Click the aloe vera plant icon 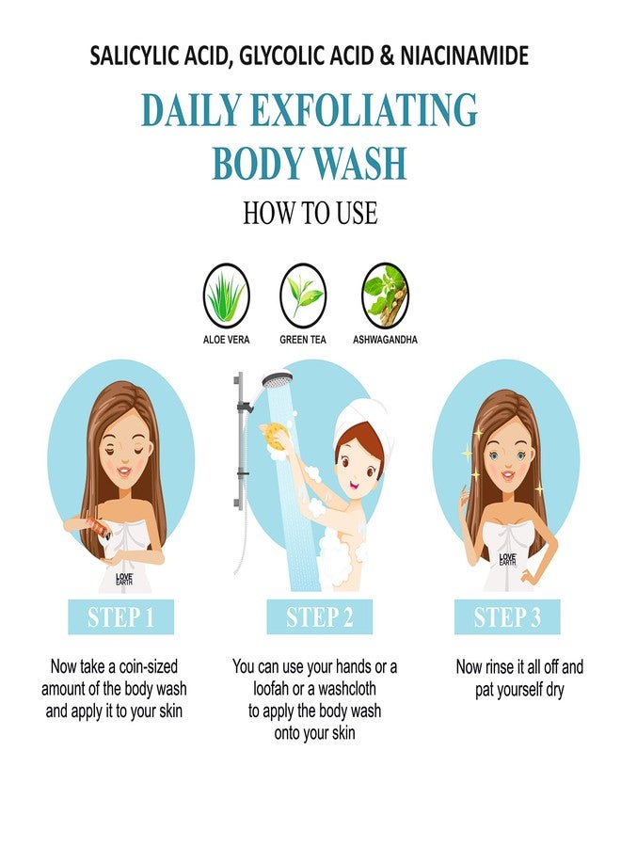tap(226, 294)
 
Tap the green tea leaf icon tap(303, 294)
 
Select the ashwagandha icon tap(385, 294)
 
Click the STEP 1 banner tap(120, 617)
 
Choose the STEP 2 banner tap(319, 617)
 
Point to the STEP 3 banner tap(507, 617)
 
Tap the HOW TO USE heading tap(310, 213)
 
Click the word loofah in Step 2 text tap(261, 689)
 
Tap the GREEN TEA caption tap(303, 339)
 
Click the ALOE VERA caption tap(226, 339)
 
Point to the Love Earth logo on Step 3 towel tap(507, 559)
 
